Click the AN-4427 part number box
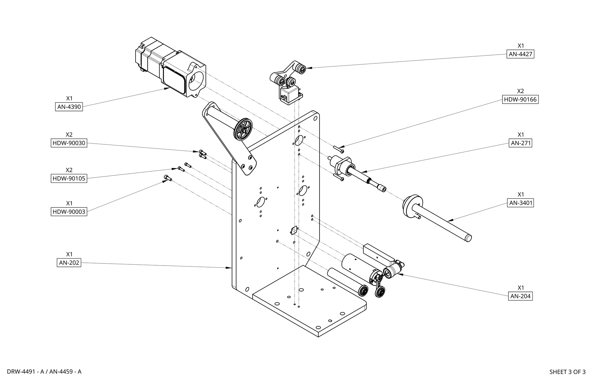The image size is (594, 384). tap(520, 54)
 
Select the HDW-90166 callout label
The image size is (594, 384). tap(520, 100)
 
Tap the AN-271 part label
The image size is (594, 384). tap(520, 143)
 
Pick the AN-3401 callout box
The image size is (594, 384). tap(520, 203)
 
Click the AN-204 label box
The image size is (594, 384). tap(520, 296)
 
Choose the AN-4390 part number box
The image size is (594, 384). tap(69, 107)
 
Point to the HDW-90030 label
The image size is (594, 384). tap(69, 143)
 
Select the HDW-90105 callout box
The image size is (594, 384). tap(69, 178)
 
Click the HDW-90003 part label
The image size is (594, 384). tap(69, 212)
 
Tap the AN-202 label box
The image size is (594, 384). tap(69, 263)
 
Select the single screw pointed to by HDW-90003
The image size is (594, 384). tap(167, 178)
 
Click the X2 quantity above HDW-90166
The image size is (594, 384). tap(520, 91)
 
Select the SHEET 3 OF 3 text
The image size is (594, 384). tap(567, 372)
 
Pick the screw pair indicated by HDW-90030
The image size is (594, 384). tap(203, 154)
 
